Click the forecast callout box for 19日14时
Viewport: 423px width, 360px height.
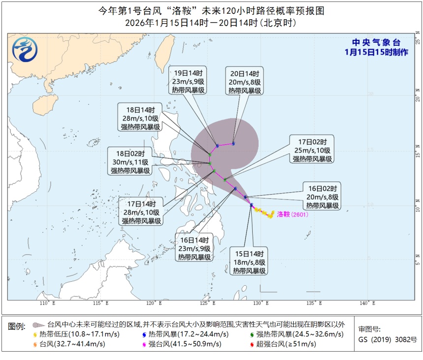[x=187, y=80]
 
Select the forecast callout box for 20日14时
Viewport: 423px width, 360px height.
[x=244, y=80]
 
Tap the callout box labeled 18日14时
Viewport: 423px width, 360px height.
[x=141, y=117]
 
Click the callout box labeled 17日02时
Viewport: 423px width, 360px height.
[x=313, y=149]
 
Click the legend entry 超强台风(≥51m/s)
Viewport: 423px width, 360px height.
[x=285, y=344]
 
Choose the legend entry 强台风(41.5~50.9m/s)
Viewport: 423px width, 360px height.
[x=185, y=344]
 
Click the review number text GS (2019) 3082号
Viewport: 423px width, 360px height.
[x=387, y=340]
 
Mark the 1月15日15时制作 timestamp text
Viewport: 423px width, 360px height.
[x=376, y=52]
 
